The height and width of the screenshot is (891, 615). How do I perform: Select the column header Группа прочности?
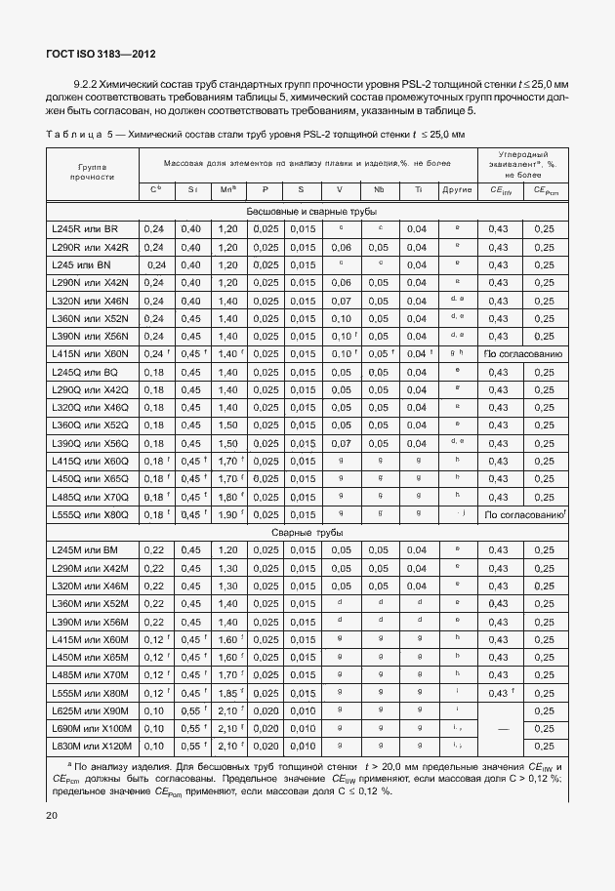93,173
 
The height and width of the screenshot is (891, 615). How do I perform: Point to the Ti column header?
418,190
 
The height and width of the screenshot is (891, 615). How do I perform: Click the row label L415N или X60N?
90,353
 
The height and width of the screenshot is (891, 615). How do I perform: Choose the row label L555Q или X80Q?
90,514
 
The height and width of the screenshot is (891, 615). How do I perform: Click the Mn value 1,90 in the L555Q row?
226,514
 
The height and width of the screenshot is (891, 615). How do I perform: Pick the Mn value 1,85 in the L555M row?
226,693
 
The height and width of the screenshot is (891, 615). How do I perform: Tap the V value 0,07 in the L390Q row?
340,443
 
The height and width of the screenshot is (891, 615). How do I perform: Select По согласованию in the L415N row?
523,353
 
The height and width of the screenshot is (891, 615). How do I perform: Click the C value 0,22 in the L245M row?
153,550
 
